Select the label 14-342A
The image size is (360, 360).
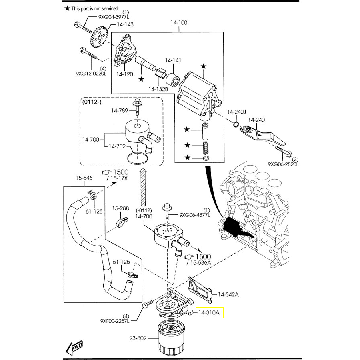click(228, 294)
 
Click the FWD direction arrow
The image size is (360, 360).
click(75, 349)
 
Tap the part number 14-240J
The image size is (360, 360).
click(236, 112)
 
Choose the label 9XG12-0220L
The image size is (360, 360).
click(92, 73)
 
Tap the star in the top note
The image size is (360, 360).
click(67, 8)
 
